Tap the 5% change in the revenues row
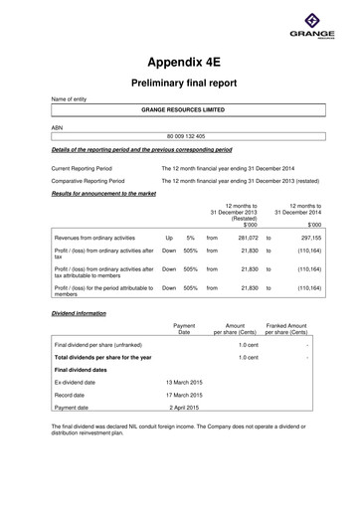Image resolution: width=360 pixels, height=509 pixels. pos(189,239)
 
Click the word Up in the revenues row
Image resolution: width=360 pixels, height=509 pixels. pos(169,239)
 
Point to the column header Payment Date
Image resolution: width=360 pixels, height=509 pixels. pos(184,328)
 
